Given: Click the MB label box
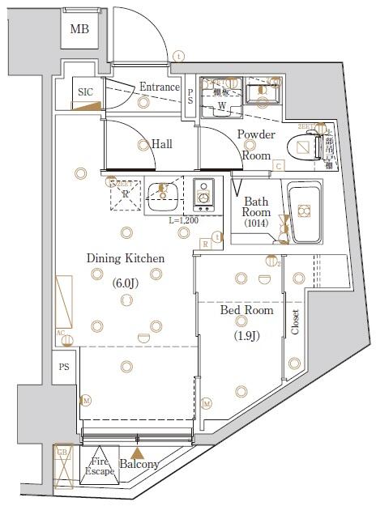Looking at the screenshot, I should (79, 31).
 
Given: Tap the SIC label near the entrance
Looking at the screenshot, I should (85, 92).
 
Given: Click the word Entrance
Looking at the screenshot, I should (159, 87).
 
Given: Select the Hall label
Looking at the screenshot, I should (161, 144).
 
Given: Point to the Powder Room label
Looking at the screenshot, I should (256, 144).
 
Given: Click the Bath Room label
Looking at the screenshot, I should (256, 206).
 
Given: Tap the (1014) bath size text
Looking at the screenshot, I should (256, 224).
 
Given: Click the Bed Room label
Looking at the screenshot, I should (246, 310).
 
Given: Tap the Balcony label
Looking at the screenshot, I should (139, 465).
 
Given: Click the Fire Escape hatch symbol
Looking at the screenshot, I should (100, 466).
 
